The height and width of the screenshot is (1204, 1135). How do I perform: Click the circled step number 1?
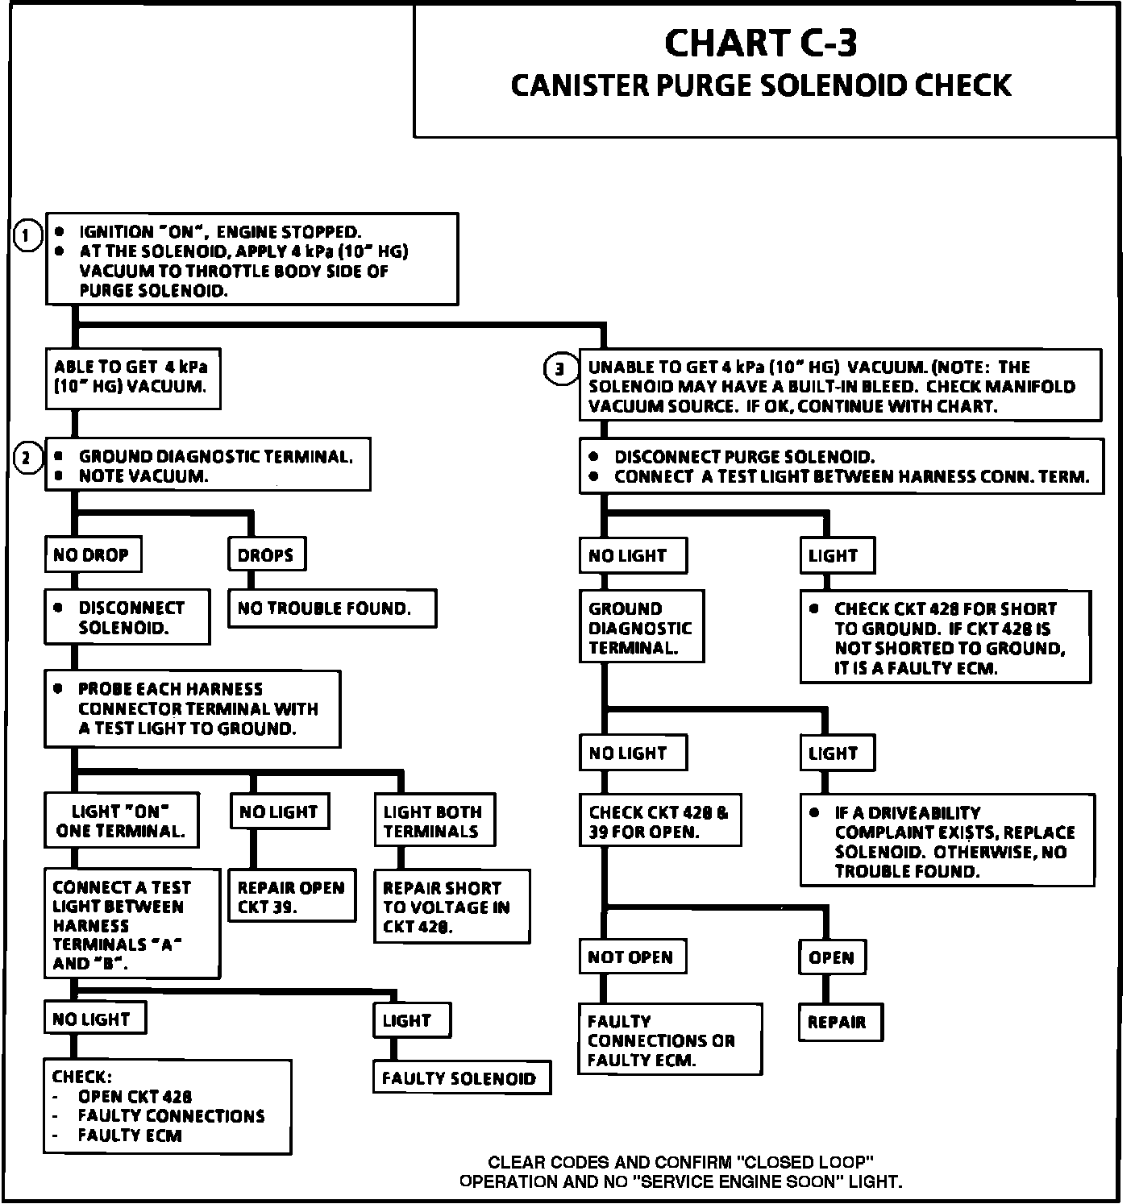[x=27, y=236]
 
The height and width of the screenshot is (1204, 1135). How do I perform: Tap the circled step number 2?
[x=27, y=459]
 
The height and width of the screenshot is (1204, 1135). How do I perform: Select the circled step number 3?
[x=560, y=370]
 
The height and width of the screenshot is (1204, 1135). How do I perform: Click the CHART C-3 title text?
[x=760, y=44]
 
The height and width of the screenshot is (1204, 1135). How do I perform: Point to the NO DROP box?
[x=92, y=554]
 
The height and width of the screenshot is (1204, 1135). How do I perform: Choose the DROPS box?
[x=266, y=554]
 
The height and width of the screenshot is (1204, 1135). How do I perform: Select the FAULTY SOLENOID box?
[x=461, y=1077]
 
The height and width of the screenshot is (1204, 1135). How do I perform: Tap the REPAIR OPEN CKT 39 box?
[x=291, y=896]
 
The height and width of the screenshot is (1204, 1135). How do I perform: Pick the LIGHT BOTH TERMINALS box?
[x=434, y=821]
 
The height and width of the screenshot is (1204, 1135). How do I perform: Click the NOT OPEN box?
[x=632, y=957]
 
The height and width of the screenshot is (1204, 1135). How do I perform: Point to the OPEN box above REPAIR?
[x=832, y=957]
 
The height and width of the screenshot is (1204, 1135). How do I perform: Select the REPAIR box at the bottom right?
[x=840, y=1022]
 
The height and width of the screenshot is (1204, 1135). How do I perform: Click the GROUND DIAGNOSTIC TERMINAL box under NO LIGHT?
[x=641, y=627]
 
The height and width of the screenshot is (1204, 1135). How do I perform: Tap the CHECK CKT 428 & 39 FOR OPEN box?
[x=659, y=822]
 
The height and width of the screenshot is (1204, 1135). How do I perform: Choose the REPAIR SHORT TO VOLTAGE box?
[x=451, y=907]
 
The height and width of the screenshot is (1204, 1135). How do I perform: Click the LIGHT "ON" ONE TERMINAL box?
[x=121, y=820]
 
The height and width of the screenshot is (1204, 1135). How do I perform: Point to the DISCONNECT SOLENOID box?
[x=127, y=617]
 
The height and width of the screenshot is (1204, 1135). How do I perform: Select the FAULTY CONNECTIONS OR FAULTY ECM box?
[x=669, y=1040]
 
